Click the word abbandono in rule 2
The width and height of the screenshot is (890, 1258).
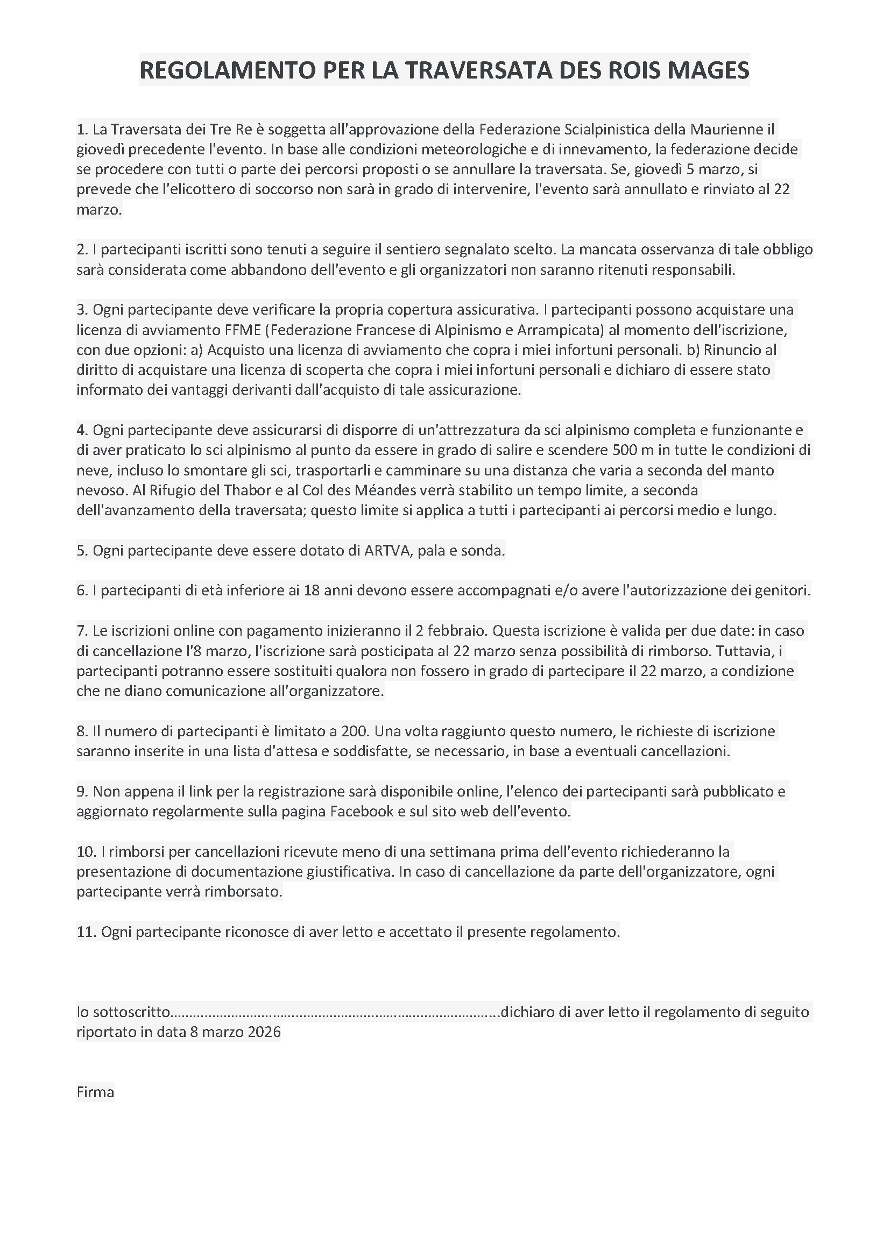click(x=246, y=269)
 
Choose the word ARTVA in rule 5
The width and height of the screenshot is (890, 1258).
click(x=387, y=550)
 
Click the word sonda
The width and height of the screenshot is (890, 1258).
click(x=485, y=550)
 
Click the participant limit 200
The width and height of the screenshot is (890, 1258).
click(x=354, y=731)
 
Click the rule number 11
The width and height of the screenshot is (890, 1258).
click(x=86, y=932)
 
